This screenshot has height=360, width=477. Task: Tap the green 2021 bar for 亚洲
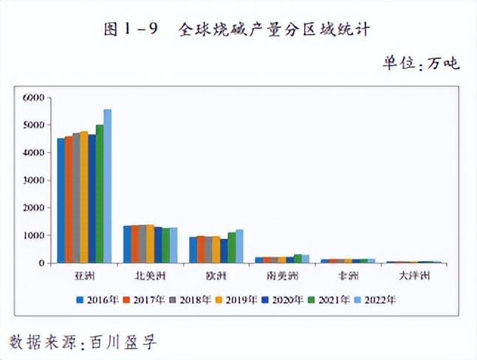[x=100, y=194]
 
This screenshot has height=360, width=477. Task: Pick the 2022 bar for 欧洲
[x=239, y=246]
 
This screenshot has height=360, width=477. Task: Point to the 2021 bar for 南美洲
[x=298, y=259]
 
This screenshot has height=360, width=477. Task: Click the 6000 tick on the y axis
[x=34, y=97]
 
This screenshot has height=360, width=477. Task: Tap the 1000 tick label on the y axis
[x=34, y=235]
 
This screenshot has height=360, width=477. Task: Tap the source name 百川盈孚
[x=123, y=342]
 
